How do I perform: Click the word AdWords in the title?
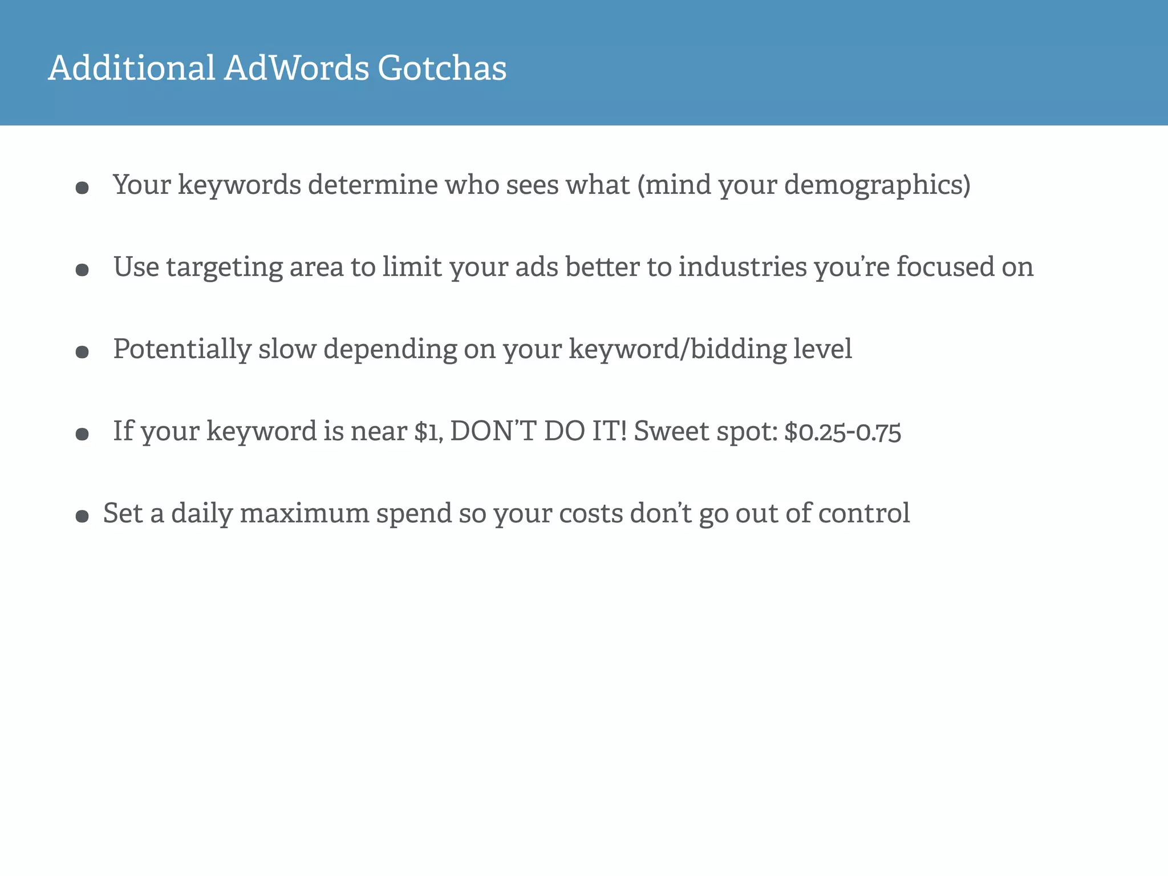(x=297, y=68)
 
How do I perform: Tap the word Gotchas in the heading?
(x=442, y=68)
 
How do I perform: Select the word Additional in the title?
(x=132, y=68)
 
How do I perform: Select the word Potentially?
(x=182, y=349)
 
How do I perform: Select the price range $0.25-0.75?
(x=842, y=431)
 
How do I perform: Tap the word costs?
(x=591, y=513)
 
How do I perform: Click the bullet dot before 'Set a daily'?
(x=82, y=517)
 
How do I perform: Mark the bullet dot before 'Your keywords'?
(x=82, y=188)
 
